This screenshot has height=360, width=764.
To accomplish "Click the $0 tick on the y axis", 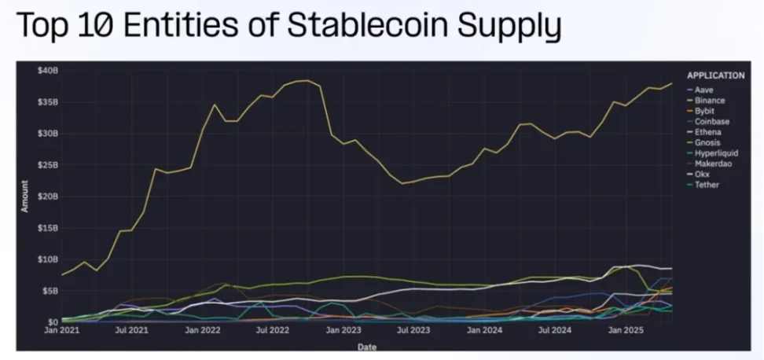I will (x=53, y=321).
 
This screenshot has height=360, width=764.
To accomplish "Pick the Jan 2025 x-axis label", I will (x=627, y=332).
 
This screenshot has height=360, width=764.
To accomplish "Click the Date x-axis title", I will (x=366, y=346).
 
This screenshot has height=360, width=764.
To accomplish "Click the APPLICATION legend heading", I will (x=715, y=76).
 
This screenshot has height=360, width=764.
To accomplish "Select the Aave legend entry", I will (x=703, y=90).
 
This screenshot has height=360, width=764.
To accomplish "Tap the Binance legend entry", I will (x=709, y=101).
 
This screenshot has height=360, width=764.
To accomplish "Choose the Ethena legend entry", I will (x=707, y=132).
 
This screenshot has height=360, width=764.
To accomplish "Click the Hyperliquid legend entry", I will (x=714, y=153).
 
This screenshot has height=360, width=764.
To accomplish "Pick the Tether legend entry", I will (x=707, y=185).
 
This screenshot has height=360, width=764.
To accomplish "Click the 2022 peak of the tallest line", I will (x=306, y=80).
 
